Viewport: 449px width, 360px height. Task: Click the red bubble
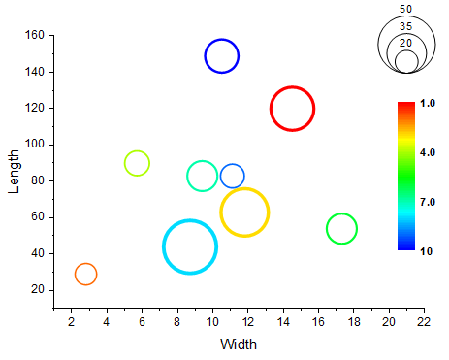[292, 109]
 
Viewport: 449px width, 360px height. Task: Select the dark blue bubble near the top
[222, 55]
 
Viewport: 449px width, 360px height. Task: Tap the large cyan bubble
[190, 246]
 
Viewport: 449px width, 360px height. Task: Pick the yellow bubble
[244, 212]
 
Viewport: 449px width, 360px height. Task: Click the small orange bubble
[85, 274]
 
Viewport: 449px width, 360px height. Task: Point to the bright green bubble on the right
[341, 229]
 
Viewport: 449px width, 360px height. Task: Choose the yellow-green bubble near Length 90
[138, 163]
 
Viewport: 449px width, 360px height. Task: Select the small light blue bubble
[233, 176]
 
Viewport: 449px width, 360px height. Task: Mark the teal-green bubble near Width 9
[202, 176]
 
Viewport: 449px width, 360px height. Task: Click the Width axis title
[239, 344]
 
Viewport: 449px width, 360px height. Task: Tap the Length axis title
[14, 171]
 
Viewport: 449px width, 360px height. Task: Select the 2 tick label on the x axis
[71, 321]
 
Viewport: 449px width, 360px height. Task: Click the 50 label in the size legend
[405, 9]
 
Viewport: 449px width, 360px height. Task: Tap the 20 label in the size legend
[405, 43]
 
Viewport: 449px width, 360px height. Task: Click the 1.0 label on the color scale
[427, 102]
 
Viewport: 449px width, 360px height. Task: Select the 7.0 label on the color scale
[427, 201]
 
